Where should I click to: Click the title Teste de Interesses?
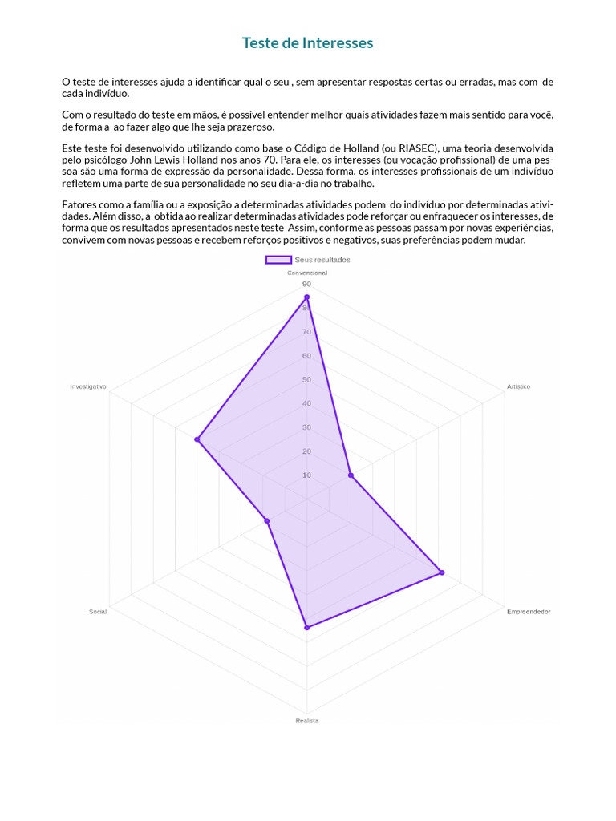tap(308, 43)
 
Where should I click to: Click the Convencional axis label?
tap(307, 273)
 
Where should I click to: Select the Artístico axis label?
tap(518, 386)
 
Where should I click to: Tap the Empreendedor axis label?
tap(529, 612)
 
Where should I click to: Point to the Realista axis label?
tap(307, 721)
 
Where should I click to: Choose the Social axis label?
tap(98, 612)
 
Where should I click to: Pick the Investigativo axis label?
tap(88, 386)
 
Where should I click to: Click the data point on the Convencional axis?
tap(306, 297)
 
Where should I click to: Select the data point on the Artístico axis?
tap(351, 475)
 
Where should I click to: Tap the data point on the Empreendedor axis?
tap(442, 572)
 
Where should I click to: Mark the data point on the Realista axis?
tap(306, 628)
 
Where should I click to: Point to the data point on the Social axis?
tap(267, 521)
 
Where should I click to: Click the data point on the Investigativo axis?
tap(197, 439)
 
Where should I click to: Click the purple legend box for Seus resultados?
tap(278, 260)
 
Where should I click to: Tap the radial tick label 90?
tap(306, 285)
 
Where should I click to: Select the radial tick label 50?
tap(306, 380)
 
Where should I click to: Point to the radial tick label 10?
tap(306, 475)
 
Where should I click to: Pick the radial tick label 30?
tap(306, 427)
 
